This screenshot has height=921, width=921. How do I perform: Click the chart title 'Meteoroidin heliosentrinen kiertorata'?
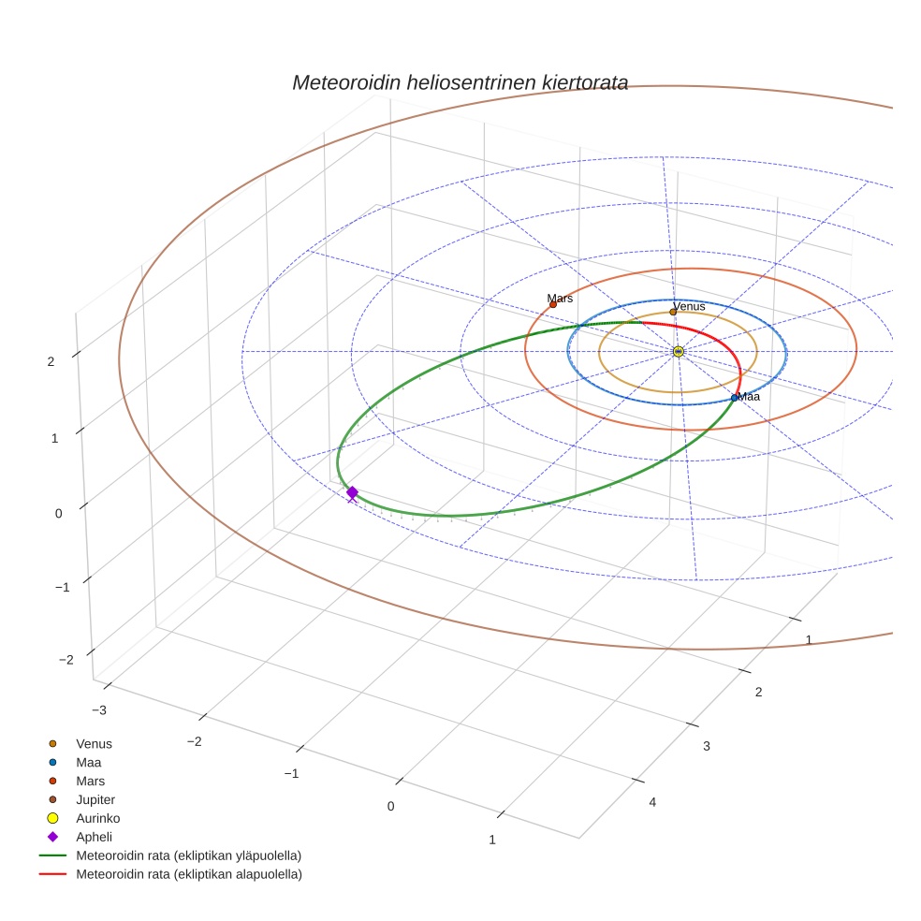(x=460, y=82)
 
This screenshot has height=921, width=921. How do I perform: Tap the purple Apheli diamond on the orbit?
(x=352, y=492)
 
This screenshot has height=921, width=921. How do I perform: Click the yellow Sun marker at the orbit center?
(x=679, y=351)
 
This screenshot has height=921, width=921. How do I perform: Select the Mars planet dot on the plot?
(x=553, y=304)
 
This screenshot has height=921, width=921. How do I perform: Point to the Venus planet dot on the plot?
(x=673, y=312)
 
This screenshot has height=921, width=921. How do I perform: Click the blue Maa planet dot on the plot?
(x=734, y=398)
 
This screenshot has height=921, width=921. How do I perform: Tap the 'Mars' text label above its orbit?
(x=560, y=298)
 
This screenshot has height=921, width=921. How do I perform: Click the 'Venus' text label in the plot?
(x=690, y=305)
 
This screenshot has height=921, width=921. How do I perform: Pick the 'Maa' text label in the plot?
(x=749, y=397)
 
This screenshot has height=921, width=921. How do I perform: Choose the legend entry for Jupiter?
(x=95, y=799)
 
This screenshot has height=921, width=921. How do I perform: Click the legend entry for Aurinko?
(x=97, y=818)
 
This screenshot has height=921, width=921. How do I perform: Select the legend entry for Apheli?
(x=94, y=837)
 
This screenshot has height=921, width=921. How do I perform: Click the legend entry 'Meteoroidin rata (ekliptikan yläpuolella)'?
(x=188, y=855)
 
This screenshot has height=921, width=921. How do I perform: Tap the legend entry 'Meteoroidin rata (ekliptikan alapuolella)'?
(x=188, y=874)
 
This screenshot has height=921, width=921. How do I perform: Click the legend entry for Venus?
(x=94, y=743)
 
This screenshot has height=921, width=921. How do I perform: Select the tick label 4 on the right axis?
(x=652, y=802)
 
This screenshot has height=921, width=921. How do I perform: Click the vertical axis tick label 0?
(x=59, y=513)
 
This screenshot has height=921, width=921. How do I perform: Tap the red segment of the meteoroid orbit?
(x=711, y=332)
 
